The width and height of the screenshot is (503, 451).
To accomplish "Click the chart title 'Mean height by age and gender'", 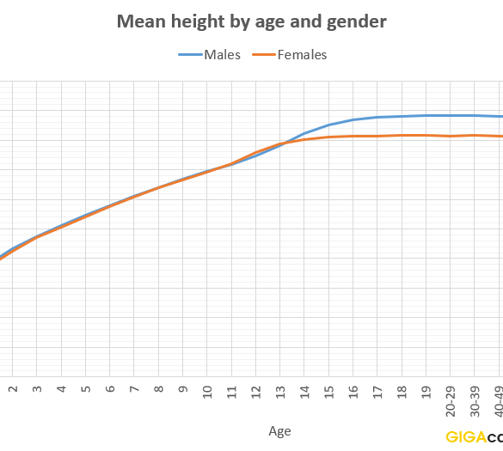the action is pos(251,21).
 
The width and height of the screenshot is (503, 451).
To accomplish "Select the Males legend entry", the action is pos(210,55).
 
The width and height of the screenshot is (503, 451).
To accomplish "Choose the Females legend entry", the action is pos(290,55).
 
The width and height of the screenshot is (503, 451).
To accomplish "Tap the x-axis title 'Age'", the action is pos(279,431).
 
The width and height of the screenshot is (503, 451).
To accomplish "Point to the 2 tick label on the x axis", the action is pos(13,389).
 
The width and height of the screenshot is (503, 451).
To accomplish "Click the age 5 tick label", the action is pos(86,389).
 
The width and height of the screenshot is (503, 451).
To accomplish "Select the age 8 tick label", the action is pos(159,389).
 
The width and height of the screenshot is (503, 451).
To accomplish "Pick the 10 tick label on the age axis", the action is pos(207,392).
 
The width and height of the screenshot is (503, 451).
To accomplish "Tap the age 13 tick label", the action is pos(280,392).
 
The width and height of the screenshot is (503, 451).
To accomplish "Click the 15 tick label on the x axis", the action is pos(329,392).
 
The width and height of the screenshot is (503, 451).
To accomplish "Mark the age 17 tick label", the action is pos(377,392).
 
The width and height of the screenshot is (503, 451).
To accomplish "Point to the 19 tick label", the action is pos(426,392).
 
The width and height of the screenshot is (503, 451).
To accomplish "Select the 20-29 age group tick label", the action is pos(451,401).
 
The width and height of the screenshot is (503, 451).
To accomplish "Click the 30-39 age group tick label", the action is pos(475,401).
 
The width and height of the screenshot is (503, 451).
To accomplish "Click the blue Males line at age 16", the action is pos(353,120).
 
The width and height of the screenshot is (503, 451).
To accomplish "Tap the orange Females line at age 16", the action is pos(353,137).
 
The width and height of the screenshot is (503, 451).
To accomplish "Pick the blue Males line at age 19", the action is pos(426,115).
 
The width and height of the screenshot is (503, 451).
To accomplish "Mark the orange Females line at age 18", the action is pos(402,136).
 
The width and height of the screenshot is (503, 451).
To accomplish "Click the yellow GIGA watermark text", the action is pos(466,437).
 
